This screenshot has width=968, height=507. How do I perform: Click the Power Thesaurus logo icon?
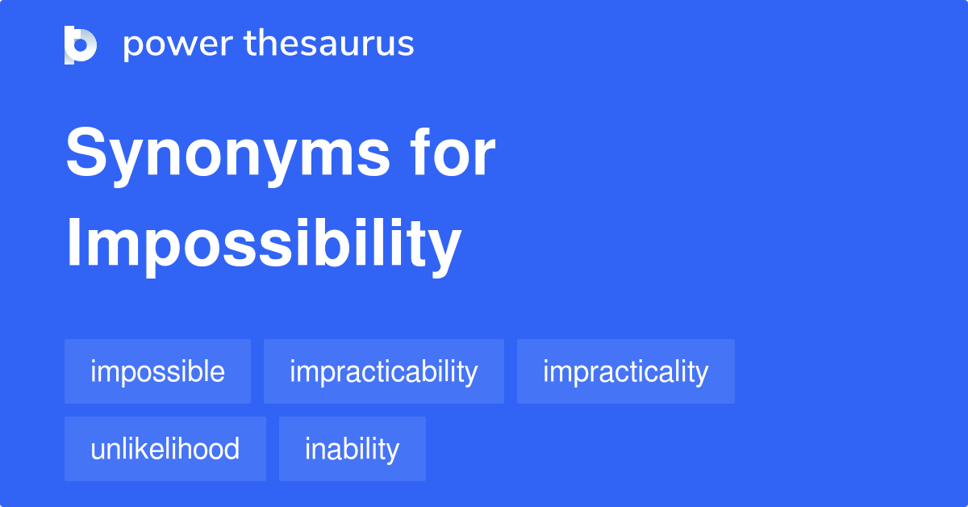(x=81, y=44)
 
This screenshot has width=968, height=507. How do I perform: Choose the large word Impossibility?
(x=263, y=245)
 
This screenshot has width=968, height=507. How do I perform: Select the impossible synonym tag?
(x=157, y=372)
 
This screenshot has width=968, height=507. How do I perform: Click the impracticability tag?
(x=383, y=372)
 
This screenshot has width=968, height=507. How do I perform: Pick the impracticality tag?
(x=625, y=372)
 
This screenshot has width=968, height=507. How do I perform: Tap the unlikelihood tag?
(x=165, y=449)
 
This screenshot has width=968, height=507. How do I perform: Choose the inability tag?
(x=352, y=449)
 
